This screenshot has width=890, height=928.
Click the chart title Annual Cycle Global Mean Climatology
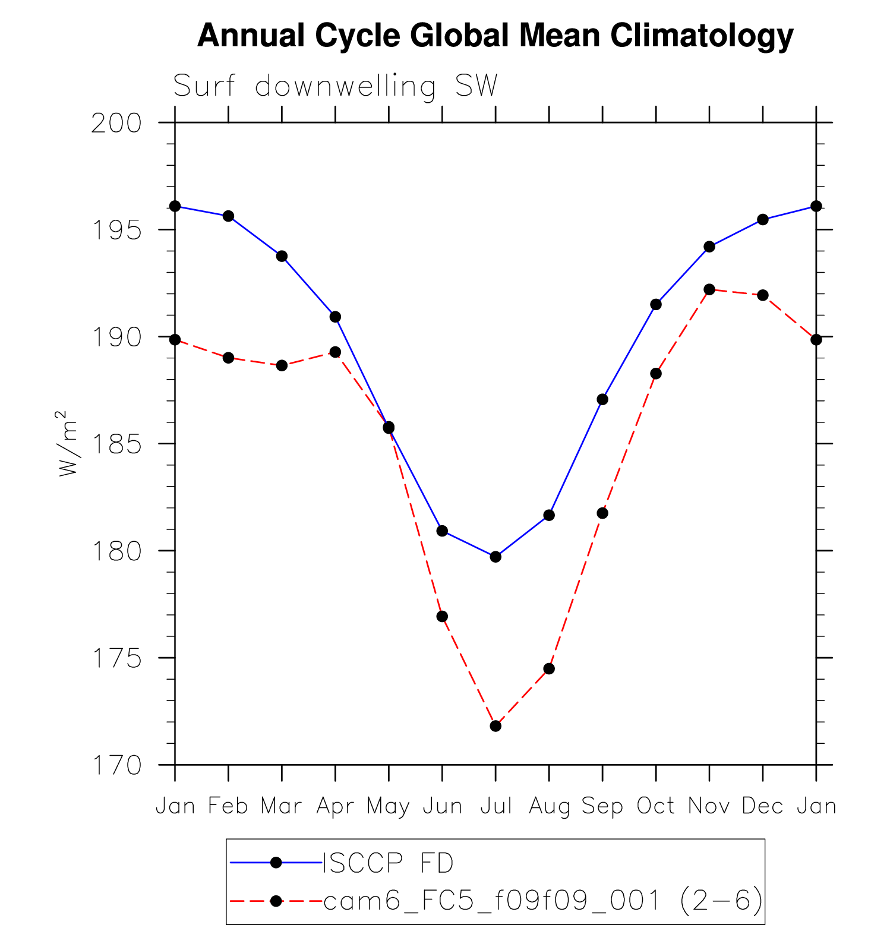coord(495,36)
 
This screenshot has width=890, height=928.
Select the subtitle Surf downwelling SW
coord(335,86)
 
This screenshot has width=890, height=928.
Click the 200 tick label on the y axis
coord(117,124)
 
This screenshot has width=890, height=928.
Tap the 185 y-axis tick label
coord(117,444)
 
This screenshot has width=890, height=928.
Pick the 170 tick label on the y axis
coord(117,766)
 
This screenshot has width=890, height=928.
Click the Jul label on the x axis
coord(496,806)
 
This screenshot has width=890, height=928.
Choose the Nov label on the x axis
coord(709,806)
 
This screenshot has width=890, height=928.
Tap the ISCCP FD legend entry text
coord(388,863)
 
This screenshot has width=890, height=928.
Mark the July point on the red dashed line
coord(496,726)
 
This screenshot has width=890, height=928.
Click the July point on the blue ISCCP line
coord(496,557)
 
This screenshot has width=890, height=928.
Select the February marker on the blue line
coord(228,216)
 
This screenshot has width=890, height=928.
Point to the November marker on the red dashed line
coord(709,289)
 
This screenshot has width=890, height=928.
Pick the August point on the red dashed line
coord(549,669)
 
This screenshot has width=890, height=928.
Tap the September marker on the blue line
coord(602,399)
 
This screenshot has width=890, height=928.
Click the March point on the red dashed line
coord(282,365)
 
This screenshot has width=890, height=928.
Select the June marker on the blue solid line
coord(442,531)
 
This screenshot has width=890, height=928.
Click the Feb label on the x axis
coord(228,806)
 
